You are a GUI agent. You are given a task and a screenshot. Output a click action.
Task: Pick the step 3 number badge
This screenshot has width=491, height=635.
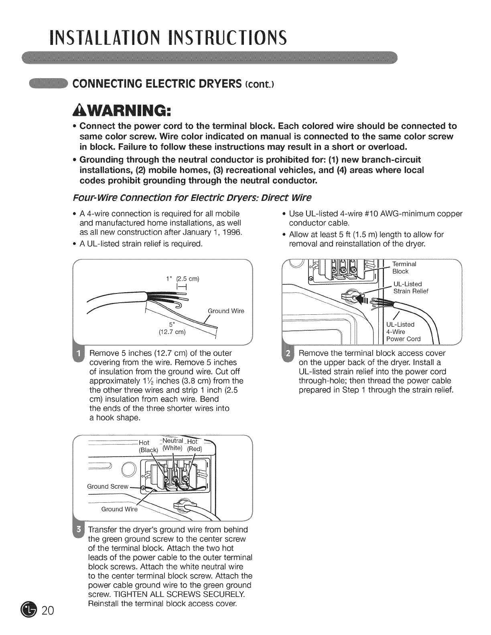coord(79,530)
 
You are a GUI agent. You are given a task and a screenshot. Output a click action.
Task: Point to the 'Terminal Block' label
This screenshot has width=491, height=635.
coord(404,267)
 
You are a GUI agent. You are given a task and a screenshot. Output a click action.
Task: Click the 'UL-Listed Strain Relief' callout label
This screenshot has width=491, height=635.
coord(410,287)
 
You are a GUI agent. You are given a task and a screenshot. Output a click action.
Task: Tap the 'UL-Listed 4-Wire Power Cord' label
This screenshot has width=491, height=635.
coord(403,332)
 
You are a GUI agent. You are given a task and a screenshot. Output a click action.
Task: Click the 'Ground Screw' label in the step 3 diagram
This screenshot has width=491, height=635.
coord(108,486)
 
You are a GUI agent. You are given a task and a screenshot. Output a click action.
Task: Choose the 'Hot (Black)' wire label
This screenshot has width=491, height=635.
coord(148,446)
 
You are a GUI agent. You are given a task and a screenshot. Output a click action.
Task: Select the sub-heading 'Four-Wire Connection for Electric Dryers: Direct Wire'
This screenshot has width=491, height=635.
coord(192,198)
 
